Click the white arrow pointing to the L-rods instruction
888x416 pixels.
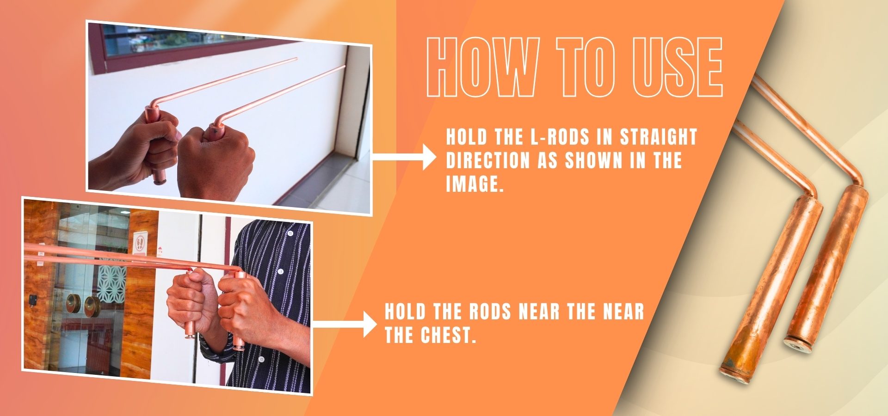pyautogui.click(x=404, y=157)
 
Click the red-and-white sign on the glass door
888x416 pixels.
pyautogui.click(x=140, y=243)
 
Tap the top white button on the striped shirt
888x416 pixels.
pyautogui.click(x=290, y=233)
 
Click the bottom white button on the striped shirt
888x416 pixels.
pyautogui.click(x=261, y=359)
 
